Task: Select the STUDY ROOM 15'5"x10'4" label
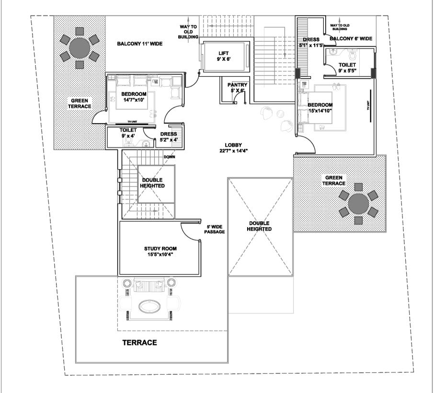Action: click(x=160, y=251)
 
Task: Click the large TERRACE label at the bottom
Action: click(x=139, y=343)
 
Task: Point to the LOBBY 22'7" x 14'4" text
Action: click(x=234, y=148)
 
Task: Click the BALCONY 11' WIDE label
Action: click(x=140, y=44)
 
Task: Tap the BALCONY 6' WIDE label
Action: click(x=351, y=38)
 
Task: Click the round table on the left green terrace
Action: click(x=80, y=47)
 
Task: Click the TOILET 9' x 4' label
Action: click(x=128, y=133)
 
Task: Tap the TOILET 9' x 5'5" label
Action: click(x=347, y=67)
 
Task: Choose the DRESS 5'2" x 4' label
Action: click(x=169, y=137)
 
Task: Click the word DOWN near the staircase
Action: click(x=169, y=156)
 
